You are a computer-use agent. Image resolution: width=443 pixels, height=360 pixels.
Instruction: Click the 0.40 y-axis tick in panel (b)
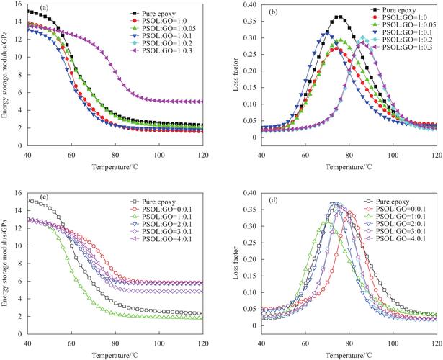pyautogui.click(x=249, y=5)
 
